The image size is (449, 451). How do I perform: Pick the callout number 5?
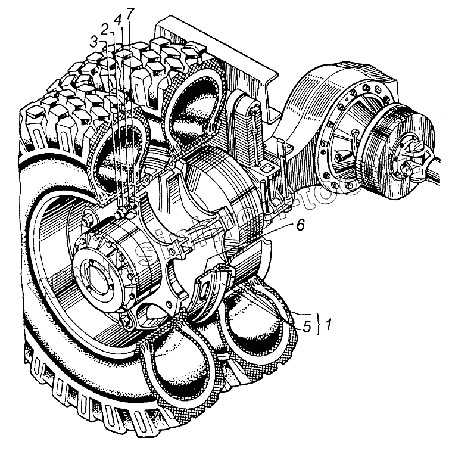point(307,326)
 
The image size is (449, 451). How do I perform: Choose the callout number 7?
point(130,13)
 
